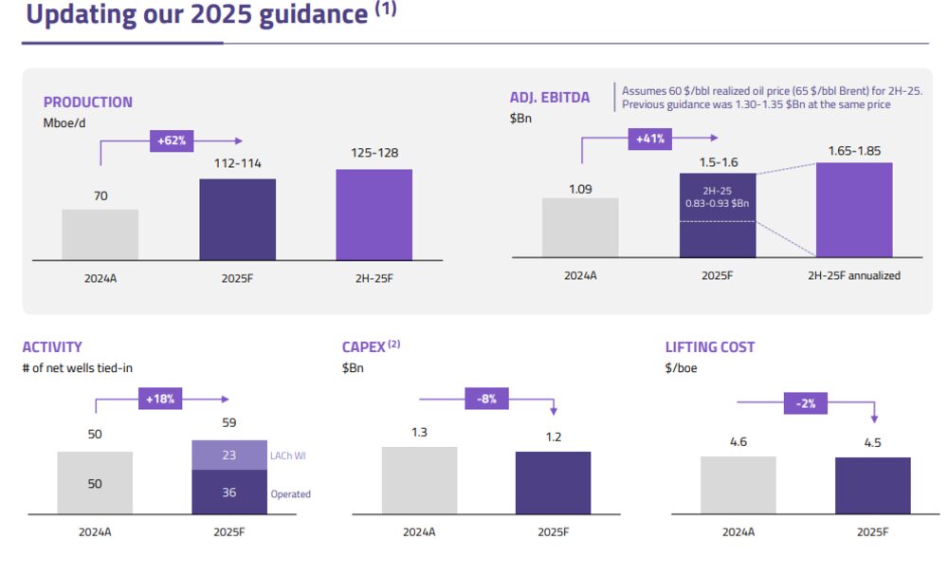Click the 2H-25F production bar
(x=374, y=214)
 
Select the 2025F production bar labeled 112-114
(x=237, y=219)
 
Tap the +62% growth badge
(x=172, y=141)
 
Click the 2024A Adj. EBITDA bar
(x=580, y=227)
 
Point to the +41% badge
(x=651, y=140)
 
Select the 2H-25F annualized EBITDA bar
(x=854, y=210)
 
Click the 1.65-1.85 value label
(x=854, y=150)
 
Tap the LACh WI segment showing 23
(x=229, y=456)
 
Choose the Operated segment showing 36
(x=229, y=493)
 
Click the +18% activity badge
(x=159, y=400)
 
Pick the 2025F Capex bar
(x=553, y=482)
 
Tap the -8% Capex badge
(x=487, y=400)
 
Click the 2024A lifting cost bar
(x=738, y=485)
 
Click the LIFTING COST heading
(x=710, y=347)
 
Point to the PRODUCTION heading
(x=88, y=102)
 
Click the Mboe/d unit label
(x=65, y=121)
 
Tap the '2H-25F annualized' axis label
(x=854, y=276)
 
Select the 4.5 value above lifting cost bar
(x=872, y=442)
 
